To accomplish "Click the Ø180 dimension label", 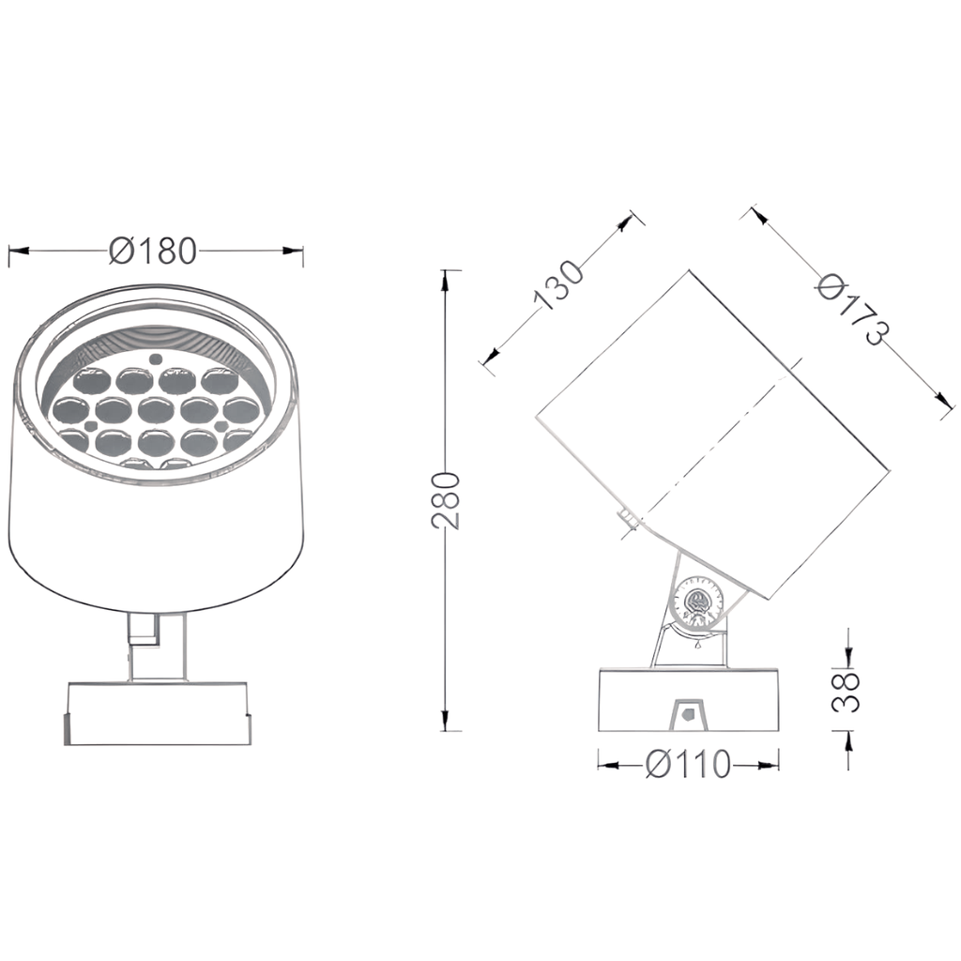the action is [153, 251].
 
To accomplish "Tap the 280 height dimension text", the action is [446, 501].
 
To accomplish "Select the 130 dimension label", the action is [557, 285].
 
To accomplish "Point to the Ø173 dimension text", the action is [852, 310].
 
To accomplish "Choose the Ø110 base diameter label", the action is [688, 764].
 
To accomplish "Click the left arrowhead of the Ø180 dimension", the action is [19, 251].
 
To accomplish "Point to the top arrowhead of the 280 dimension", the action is [446, 280].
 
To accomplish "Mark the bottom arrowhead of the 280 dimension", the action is [446, 721].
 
